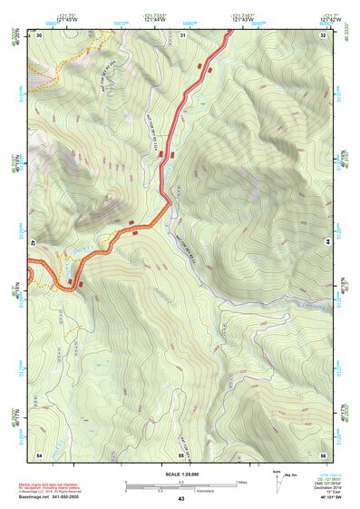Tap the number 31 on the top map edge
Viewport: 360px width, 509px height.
pos(182,34)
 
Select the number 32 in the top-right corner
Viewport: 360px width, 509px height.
pos(323,34)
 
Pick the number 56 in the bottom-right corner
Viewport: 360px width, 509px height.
pos(323,453)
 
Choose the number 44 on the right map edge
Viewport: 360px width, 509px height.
pos(326,243)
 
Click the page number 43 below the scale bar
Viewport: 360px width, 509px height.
pos(180,499)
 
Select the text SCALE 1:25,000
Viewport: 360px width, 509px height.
pos(180,473)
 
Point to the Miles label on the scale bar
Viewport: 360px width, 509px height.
pos(242,481)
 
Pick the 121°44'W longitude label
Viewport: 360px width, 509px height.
pos(137,17)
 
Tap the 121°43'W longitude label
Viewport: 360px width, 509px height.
pos(230,17)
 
